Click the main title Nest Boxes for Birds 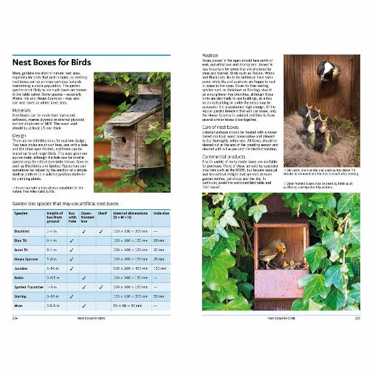click(52, 63)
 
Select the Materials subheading click(23, 110)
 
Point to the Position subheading click(211, 56)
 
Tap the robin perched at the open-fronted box click(272, 253)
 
